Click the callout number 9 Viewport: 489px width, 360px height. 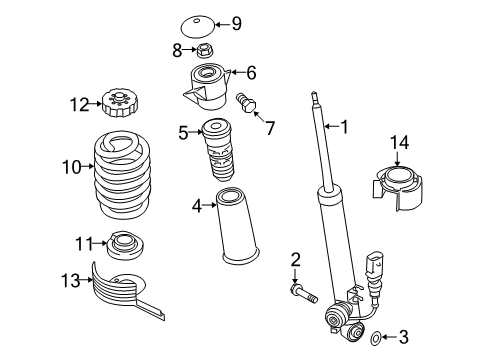click(x=236, y=24)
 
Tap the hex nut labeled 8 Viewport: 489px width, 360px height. click(x=205, y=50)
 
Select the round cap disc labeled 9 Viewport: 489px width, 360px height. click(x=198, y=27)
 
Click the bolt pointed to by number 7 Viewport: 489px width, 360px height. click(x=246, y=103)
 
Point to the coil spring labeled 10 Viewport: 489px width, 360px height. click(x=122, y=175)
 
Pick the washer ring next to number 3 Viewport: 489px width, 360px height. click(x=375, y=338)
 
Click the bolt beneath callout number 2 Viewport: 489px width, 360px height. click(x=304, y=292)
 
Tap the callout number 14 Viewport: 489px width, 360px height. click(x=399, y=142)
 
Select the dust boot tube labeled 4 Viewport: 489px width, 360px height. click(x=237, y=227)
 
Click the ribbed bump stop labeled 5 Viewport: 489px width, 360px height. click(x=217, y=151)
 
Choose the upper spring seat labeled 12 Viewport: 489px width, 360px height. click(x=120, y=103)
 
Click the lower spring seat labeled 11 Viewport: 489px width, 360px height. click(x=125, y=245)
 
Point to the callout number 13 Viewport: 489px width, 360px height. click(x=70, y=280)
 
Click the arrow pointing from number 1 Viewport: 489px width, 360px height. click(x=331, y=126)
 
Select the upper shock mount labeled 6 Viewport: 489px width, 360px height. click(x=207, y=87)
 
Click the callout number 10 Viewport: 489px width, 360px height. click(x=72, y=167)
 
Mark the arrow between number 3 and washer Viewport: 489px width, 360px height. click(x=389, y=337)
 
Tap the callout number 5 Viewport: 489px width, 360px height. click(x=183, y=133)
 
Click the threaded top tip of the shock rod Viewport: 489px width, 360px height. click(x=314, y=97)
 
